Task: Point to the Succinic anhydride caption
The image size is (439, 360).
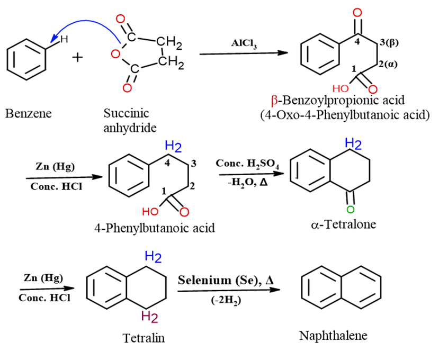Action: (x=127, y=120)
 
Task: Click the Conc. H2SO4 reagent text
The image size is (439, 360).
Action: (x=244, y=164)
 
